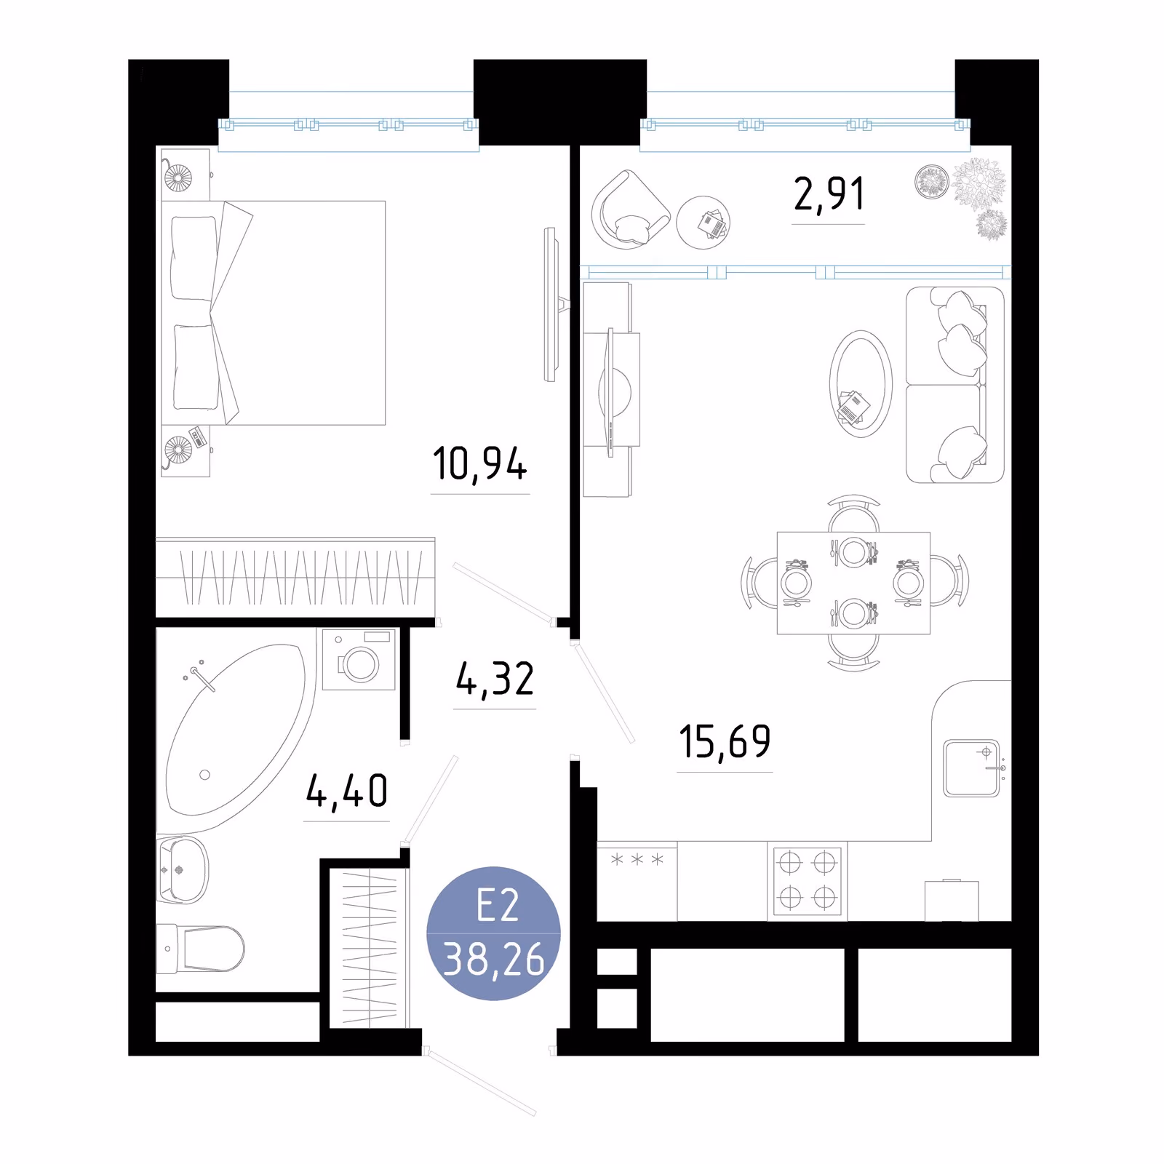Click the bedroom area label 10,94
click(x=480, y=464)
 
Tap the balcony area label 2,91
click(x=829, y=194)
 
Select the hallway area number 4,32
click(x=495, y=679)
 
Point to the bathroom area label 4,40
click(x=347, y=791)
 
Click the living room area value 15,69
click(x=725, y=742)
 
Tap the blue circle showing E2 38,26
click(x=493, y=933)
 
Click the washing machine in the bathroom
click(x=359, y=659)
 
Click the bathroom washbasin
click(x=183, y=870)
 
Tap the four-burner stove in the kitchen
click(x=807, y=880)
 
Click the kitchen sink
click(x=971, y=768)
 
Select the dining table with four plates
click(x=853, y=583)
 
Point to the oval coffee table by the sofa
click(x=861, y=383)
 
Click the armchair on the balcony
click(x=629, y=210)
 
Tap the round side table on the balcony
click(x=703, y=223)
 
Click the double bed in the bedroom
click(x=274, y=313)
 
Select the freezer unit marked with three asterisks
click(x=637, y=881)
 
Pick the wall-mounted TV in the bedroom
click(x=551, y=304)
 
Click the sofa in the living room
click(x=955, y=385)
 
